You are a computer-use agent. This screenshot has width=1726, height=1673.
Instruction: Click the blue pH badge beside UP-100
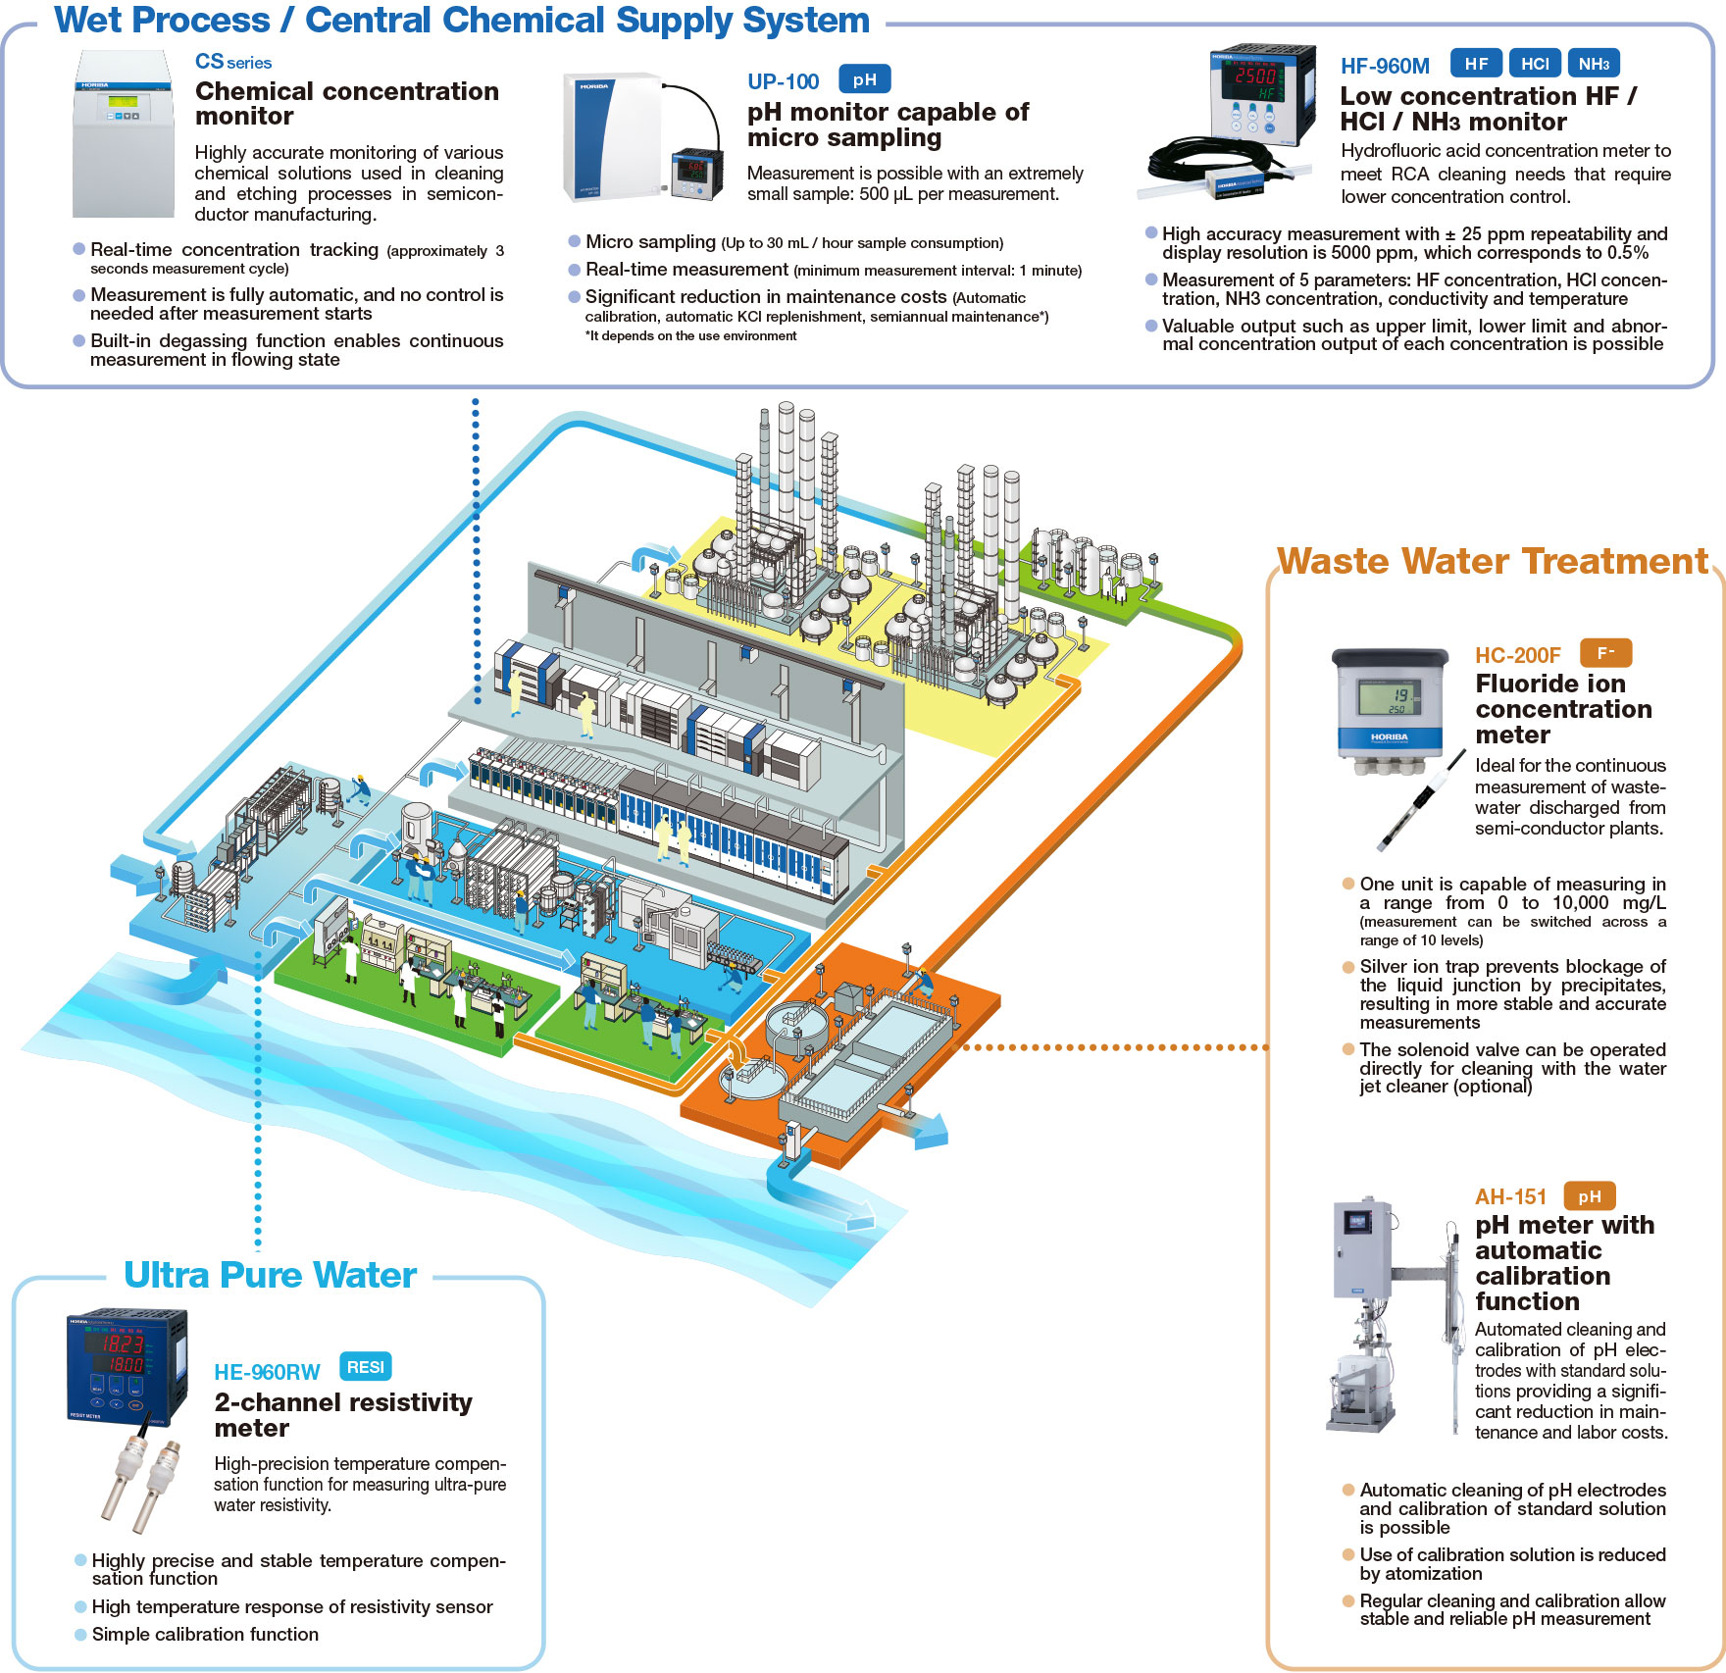pos(864,79)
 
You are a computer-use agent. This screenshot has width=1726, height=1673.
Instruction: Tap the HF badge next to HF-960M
pos(1476,64)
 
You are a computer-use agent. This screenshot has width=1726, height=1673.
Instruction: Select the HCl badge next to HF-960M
pos(1535,64)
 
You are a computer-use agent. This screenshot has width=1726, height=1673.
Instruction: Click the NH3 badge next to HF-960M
pos(1594,64)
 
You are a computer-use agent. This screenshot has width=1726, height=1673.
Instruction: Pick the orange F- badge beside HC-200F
pos(1605,653)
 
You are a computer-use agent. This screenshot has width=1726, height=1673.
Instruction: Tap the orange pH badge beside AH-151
pos(1589,1196)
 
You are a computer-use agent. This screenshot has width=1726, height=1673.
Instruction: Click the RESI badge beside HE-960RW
pos(365,1367)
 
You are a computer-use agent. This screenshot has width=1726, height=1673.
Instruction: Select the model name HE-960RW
pos(267,1372)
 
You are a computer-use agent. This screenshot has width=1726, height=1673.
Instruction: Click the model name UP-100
pos(783,81)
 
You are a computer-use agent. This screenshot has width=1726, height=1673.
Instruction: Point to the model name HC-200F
pos(1517,655)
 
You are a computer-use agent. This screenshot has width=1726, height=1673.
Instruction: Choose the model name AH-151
pos(1510,1197)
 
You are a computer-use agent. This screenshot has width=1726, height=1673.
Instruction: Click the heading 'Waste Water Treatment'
pos(1493,561)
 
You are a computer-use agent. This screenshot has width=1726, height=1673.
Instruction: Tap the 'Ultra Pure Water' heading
pos(270,1275)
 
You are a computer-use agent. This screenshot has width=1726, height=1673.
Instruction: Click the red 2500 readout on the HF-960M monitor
pos(1255,76)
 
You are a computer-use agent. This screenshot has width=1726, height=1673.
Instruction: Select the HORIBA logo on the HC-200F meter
pos(1389,736)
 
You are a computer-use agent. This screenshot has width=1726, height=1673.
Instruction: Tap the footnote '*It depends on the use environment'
pos(691,336)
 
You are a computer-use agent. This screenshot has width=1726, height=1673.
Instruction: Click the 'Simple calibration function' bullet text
pos(205,1635)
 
